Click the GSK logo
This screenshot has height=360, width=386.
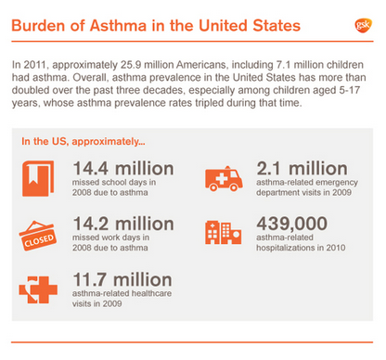click(x=363, y=25)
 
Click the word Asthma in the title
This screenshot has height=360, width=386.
click(x=118, y=25)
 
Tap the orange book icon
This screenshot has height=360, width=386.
click(x=38, y=178)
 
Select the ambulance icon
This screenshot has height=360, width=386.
click(x=224, y=178)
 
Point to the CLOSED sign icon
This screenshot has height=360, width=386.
click(x=37, y=236)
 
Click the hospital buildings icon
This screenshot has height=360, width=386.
click(x=223, y=232)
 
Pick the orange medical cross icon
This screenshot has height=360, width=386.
click(x=38, y=289)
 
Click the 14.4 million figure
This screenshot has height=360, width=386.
click(x=123, y=169)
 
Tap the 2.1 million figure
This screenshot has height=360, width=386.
click(x=302, y=169)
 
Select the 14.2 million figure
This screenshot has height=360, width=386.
click(x=123, y=224)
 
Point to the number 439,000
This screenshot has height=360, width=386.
click(x=291, y=224)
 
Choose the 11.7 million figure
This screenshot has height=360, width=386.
click(x=122, y=279)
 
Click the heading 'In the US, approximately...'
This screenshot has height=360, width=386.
click(x=84, y=142)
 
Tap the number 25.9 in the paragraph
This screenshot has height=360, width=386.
click(x=131, y=65)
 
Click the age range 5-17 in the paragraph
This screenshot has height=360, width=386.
click(x=349, y=90)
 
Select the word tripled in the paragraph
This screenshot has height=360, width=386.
click(x=209, y=103)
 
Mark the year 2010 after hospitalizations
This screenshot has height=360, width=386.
click(x=336, y=248)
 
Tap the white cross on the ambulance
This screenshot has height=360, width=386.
click(x=222, y=178)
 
